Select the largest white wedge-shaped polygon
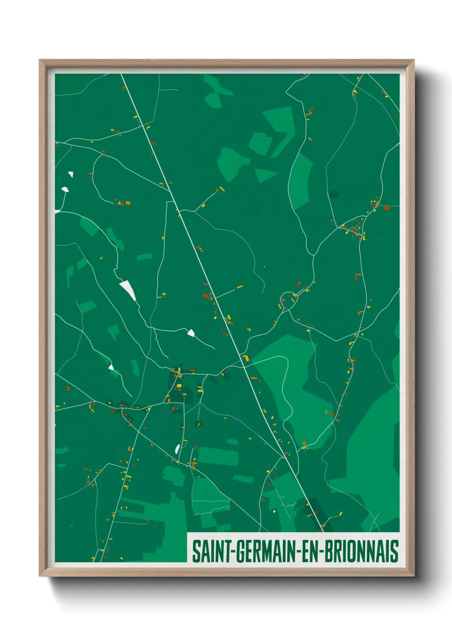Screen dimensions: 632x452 point(128,290)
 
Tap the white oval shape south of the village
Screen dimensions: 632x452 point(177,448)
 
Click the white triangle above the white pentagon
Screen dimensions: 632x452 point(71,174)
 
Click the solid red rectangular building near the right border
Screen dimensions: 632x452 point(387,208)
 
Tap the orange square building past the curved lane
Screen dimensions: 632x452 point(127,203)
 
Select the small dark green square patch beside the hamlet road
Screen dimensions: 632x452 point(333,195)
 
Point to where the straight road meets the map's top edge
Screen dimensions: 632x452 point(122,75)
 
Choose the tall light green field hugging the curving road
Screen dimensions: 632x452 point(302,179)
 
